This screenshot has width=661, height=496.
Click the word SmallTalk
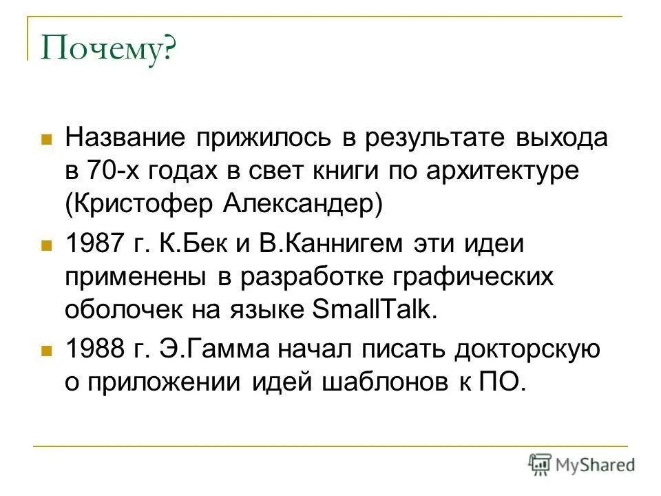(375, 310)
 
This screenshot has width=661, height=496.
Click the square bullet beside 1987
(47, 245)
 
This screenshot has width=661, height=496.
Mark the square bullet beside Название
(47, 139)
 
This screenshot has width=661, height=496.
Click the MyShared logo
(581, 464)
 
